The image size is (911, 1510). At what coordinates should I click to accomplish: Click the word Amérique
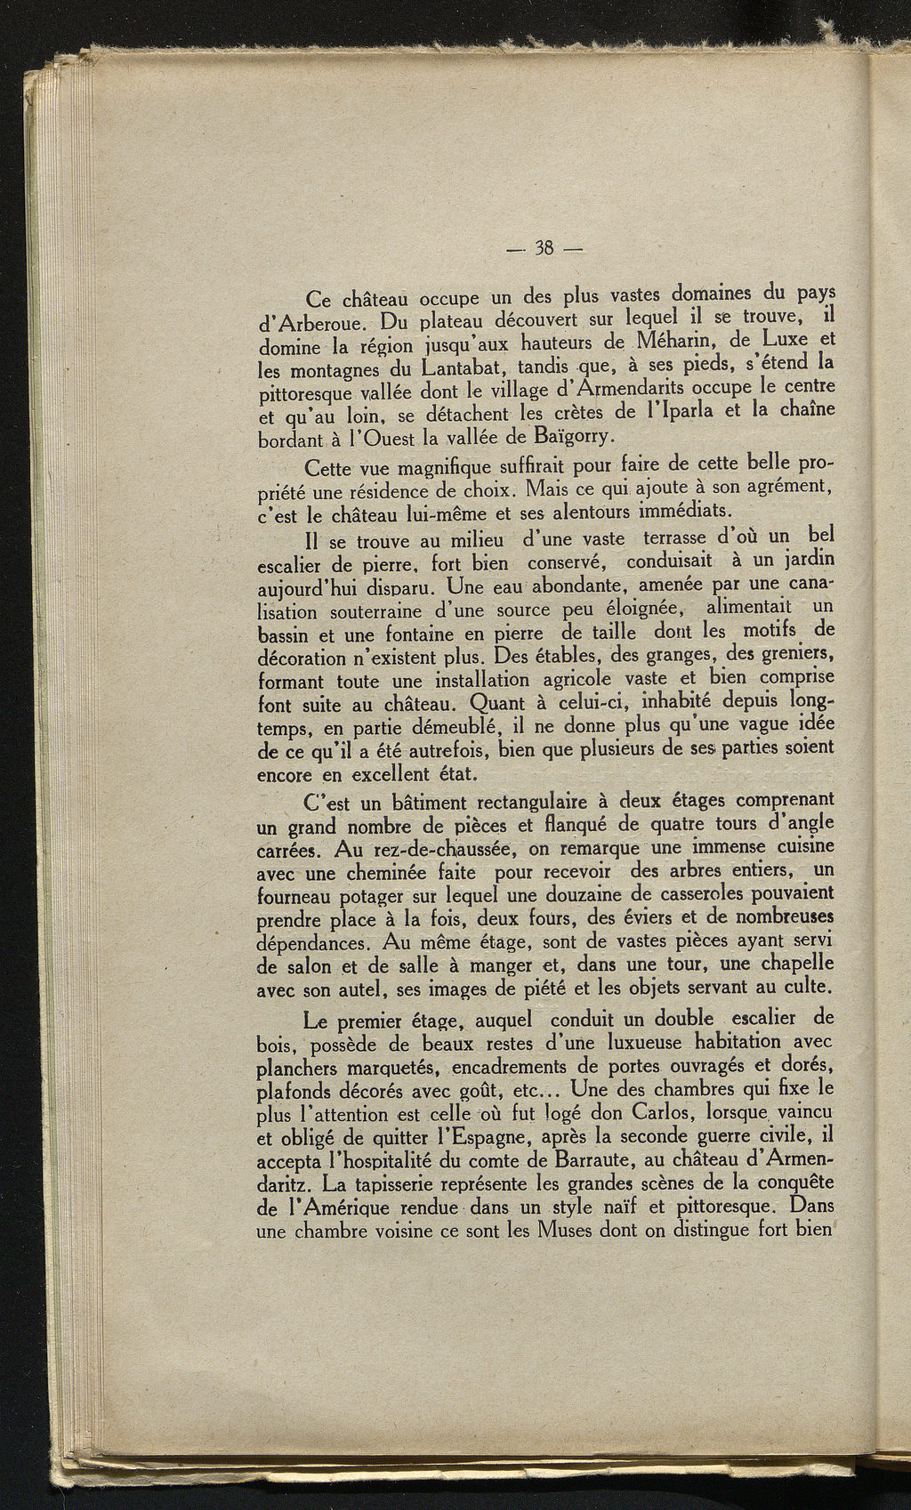pyautogui.click(x=344, y=1209)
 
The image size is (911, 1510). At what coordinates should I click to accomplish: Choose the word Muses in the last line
pyautogui.click(x=568, y=1232)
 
